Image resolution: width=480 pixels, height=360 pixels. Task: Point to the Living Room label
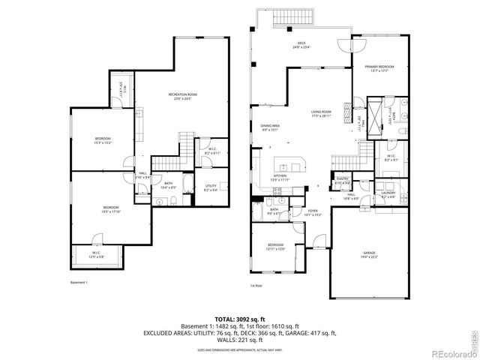coord(322,114)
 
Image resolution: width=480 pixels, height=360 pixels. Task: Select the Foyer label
coord(313,212)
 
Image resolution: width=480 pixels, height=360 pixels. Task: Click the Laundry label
coord(388,194)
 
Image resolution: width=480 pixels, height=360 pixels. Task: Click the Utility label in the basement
coord(211,188)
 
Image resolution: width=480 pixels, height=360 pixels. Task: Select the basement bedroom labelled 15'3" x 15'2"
coord(103,140)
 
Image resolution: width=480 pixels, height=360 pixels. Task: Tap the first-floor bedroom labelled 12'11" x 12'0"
coord(276,247)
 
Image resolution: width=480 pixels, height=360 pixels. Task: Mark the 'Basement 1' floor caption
coord(79,282)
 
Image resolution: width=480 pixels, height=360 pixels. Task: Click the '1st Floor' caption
coord(257,285)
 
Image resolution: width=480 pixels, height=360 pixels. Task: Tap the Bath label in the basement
coord(169,185)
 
